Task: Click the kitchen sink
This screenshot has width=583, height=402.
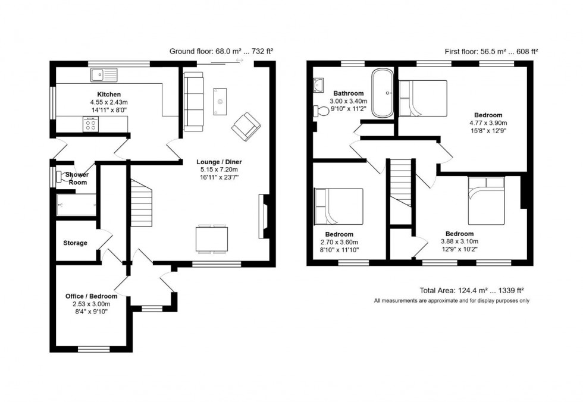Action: [104, 75]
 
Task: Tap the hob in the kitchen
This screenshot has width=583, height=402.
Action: [91, 124]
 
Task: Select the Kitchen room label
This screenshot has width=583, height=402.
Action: [109, 95]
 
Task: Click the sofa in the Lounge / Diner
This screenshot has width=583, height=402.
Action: [193, 101]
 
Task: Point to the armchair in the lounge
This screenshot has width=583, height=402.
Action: [246, 127]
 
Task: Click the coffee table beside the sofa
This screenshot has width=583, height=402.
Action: [220, 101]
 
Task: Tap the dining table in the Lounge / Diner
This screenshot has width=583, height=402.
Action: [212, 240]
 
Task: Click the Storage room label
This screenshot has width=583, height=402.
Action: [75, 243]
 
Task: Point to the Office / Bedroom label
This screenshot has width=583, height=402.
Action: [91, 296]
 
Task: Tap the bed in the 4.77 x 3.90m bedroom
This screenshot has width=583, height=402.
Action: [423, 98]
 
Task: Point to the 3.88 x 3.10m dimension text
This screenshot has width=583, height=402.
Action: [459, 241]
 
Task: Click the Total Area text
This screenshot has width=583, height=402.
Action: [472, 291]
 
